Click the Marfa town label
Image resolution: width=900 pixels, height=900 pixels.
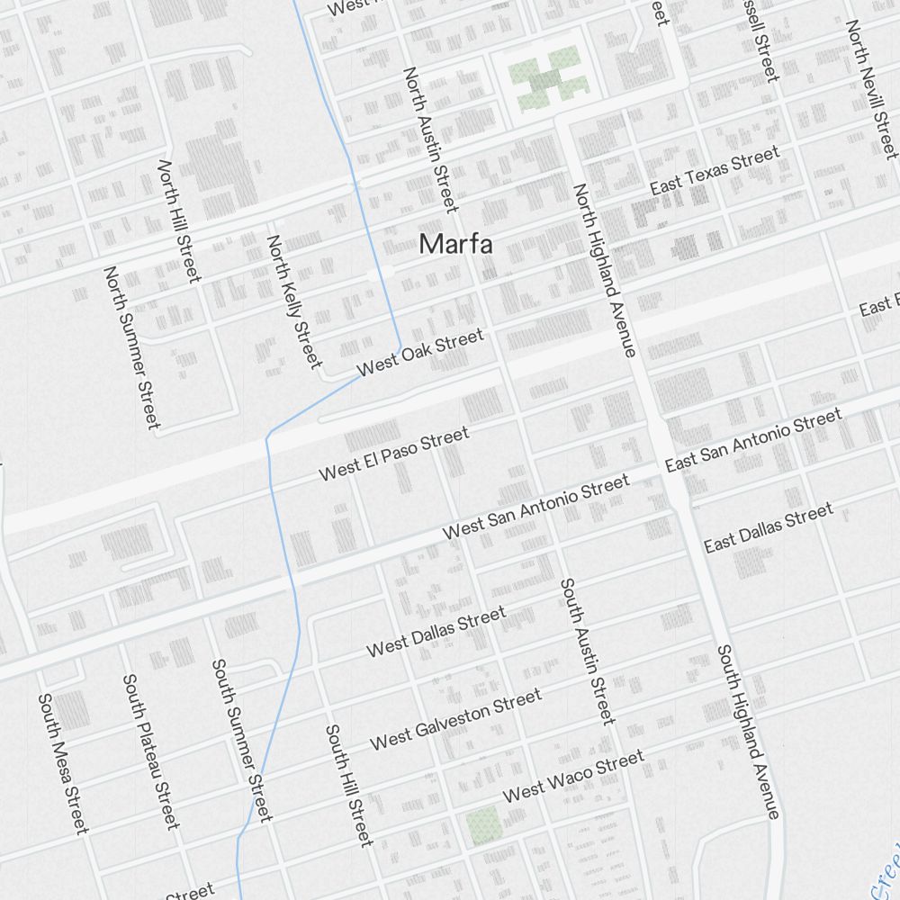point(456,243)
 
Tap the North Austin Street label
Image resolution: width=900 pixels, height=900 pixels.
point(430,139)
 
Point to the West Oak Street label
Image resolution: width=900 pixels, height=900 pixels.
point(420,354)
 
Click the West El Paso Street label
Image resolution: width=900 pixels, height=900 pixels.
point(394,454)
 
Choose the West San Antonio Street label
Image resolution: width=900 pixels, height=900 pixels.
point(536,508)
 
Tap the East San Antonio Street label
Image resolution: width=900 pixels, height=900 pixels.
point(753,439)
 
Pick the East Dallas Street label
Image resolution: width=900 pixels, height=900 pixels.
point(769,528)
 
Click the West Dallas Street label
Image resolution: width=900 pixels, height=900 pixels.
point(436,633)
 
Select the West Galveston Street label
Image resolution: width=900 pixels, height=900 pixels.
point(456,719)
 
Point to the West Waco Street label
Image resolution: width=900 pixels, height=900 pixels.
point(573,776)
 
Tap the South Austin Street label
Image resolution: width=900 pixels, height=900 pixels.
point(588,651)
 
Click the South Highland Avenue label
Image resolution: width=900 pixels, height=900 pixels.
point(748,732)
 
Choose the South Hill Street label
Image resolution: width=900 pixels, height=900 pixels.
point(349,785)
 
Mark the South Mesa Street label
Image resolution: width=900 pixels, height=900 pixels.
point(63,763)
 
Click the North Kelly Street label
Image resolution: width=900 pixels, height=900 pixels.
point(294,301)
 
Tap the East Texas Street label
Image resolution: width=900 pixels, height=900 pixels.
point(715,172)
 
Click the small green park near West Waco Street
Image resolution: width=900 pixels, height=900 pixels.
point(482,824)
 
